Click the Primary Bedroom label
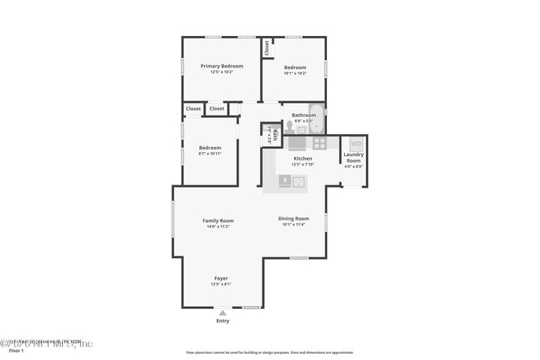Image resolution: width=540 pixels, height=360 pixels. pos(221,66)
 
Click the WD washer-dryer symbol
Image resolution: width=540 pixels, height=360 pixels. pos(355,142)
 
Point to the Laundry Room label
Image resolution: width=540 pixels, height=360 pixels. pos(353,157)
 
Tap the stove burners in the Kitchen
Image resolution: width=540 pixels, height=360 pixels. pos(319,142)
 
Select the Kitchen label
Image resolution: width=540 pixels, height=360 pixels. pos(303,158)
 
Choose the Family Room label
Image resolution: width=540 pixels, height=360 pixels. pos(218,220)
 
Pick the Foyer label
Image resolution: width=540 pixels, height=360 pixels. pos(221,278)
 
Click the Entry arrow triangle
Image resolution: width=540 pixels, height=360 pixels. pos(223,313)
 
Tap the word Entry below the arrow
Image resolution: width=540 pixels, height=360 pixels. pos(223,321)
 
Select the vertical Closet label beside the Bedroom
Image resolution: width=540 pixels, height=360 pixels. pos(267,47)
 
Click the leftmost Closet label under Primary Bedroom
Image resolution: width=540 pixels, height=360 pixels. pos(193,109)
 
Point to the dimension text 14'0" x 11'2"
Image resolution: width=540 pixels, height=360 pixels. pos(218,226)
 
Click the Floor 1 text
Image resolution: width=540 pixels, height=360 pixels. pos(16,350)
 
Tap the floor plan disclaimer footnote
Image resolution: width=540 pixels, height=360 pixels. pos(269,352)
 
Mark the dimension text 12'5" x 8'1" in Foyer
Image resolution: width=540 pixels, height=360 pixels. pos(221,284)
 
